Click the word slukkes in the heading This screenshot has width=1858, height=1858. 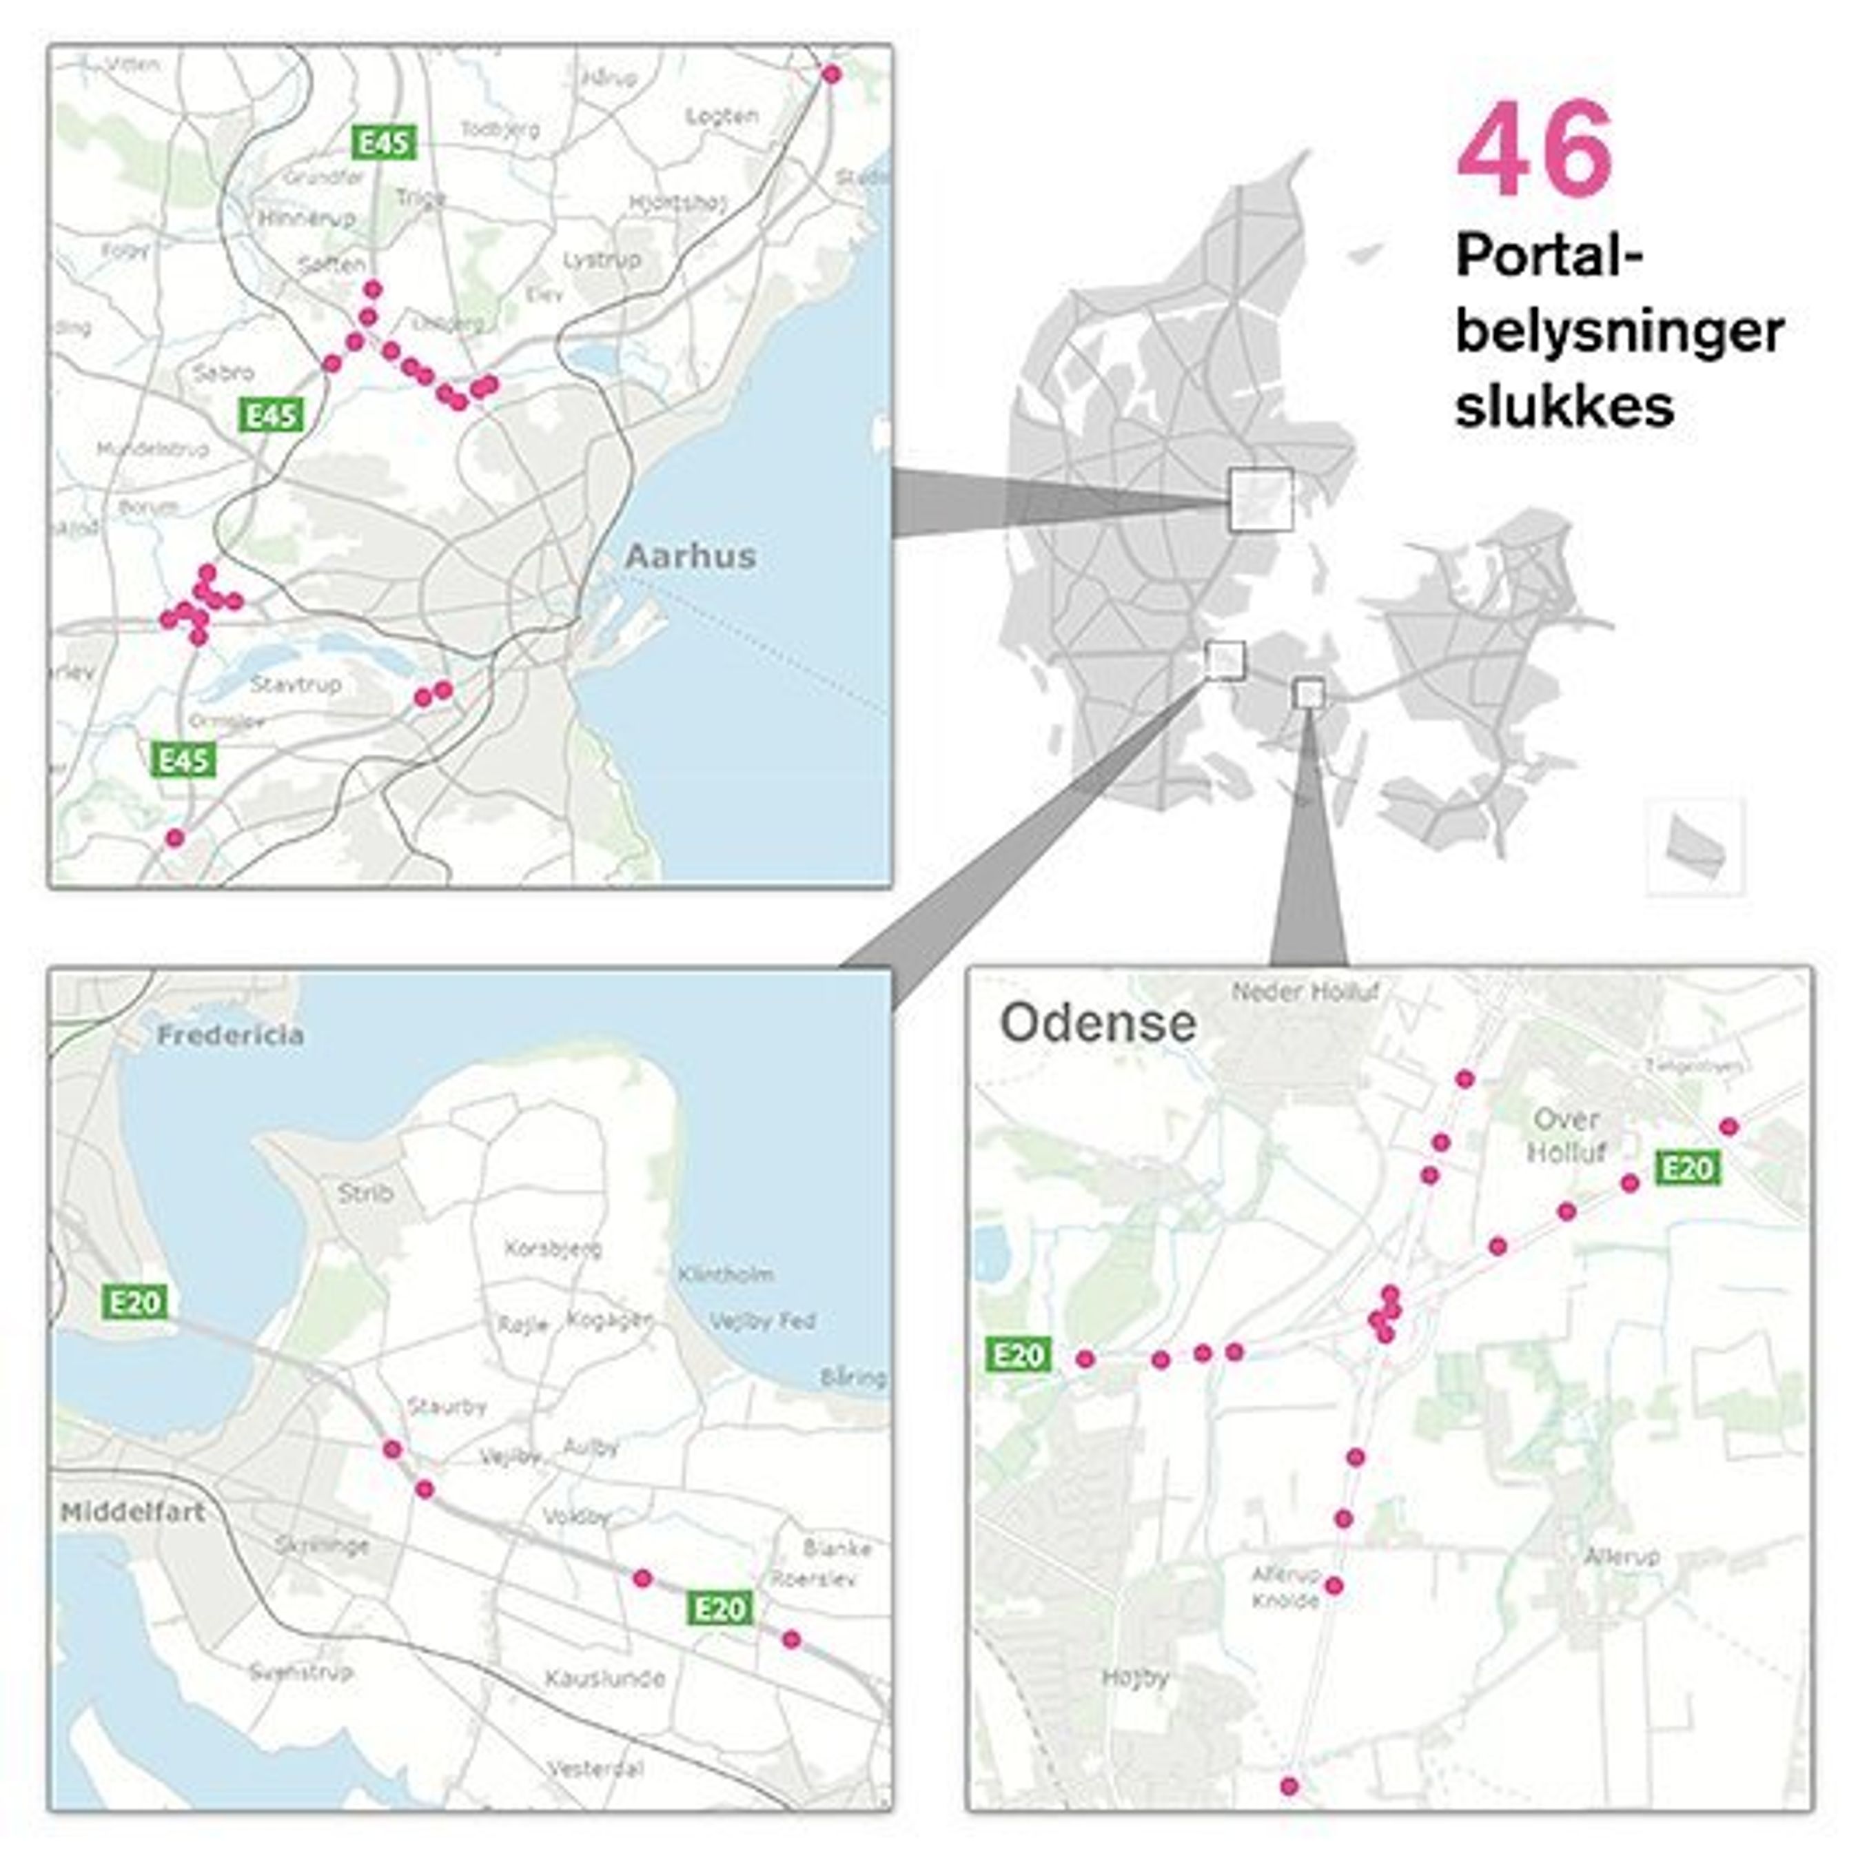(1564, 406)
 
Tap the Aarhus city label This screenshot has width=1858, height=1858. (691, 556)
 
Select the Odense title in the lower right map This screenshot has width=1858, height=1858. (1099, 1023)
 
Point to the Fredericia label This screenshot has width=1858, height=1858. (231, 1036)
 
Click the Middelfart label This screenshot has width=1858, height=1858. (133, 1513)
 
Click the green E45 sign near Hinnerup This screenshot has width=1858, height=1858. (384, 143)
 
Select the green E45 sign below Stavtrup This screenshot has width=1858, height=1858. (183, 761)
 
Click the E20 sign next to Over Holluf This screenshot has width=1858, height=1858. (1688, 1168)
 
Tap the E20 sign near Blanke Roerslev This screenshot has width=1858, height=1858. (720, 1608)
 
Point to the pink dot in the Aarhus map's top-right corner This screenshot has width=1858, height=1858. (832, 74)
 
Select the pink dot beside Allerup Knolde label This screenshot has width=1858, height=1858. (1334, 1586)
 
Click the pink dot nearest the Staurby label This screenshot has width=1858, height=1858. (391, 1449)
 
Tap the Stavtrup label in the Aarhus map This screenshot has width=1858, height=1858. (296, 685)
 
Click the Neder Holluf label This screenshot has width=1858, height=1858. (1305, 992)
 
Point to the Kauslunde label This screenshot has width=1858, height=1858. (605, 1679)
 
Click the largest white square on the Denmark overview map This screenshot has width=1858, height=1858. (1260, 498)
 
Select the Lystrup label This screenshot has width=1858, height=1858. (602, 260)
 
